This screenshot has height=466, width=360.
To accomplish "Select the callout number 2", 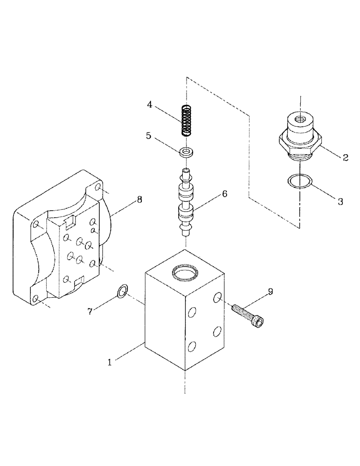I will pos(346,158).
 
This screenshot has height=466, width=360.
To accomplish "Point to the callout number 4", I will pos(149,104).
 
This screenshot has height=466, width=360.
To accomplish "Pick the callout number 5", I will pos(148,136).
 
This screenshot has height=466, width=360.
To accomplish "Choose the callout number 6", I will pos(224,193).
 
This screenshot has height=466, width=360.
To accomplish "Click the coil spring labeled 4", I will pos(187,121).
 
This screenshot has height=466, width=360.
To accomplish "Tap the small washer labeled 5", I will pos(187,151).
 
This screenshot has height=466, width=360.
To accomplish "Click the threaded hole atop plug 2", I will pos(299,120).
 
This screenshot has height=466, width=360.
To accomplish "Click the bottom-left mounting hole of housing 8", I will pos(35,299).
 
